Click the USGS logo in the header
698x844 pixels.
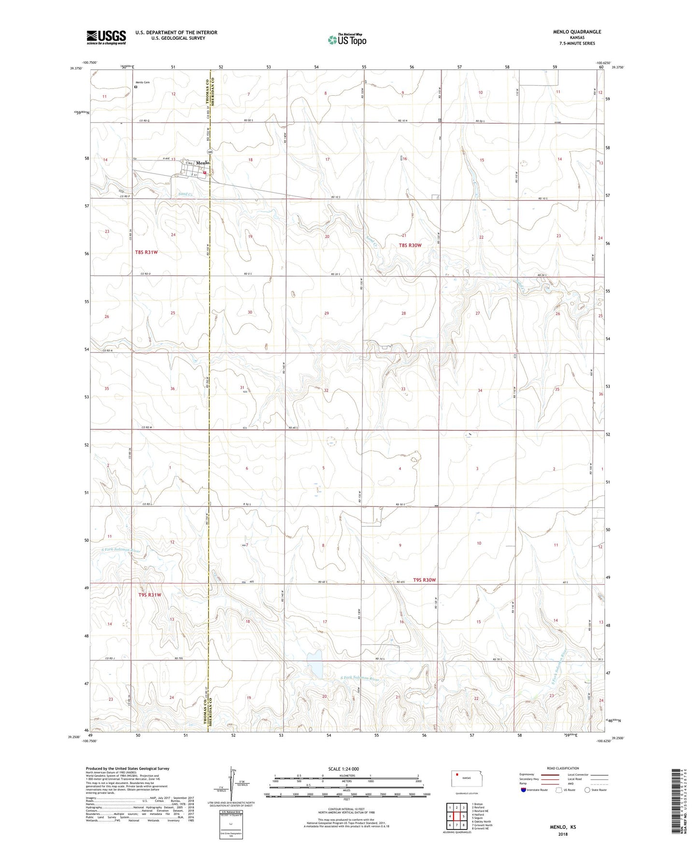point(106,37)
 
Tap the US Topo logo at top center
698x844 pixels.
point(347,40)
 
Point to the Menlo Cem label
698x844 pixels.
point(142,82)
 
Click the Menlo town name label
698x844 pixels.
point(202,163)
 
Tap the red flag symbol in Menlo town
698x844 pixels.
point(205,172)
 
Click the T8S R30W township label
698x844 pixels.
point(410,245)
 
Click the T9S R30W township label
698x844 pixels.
point(425,580)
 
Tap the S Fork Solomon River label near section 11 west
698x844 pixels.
point(121,550)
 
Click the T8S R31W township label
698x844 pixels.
point(146,252)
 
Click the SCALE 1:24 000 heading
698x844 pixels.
point(343,769)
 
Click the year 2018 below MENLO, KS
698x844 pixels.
point(563,834)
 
